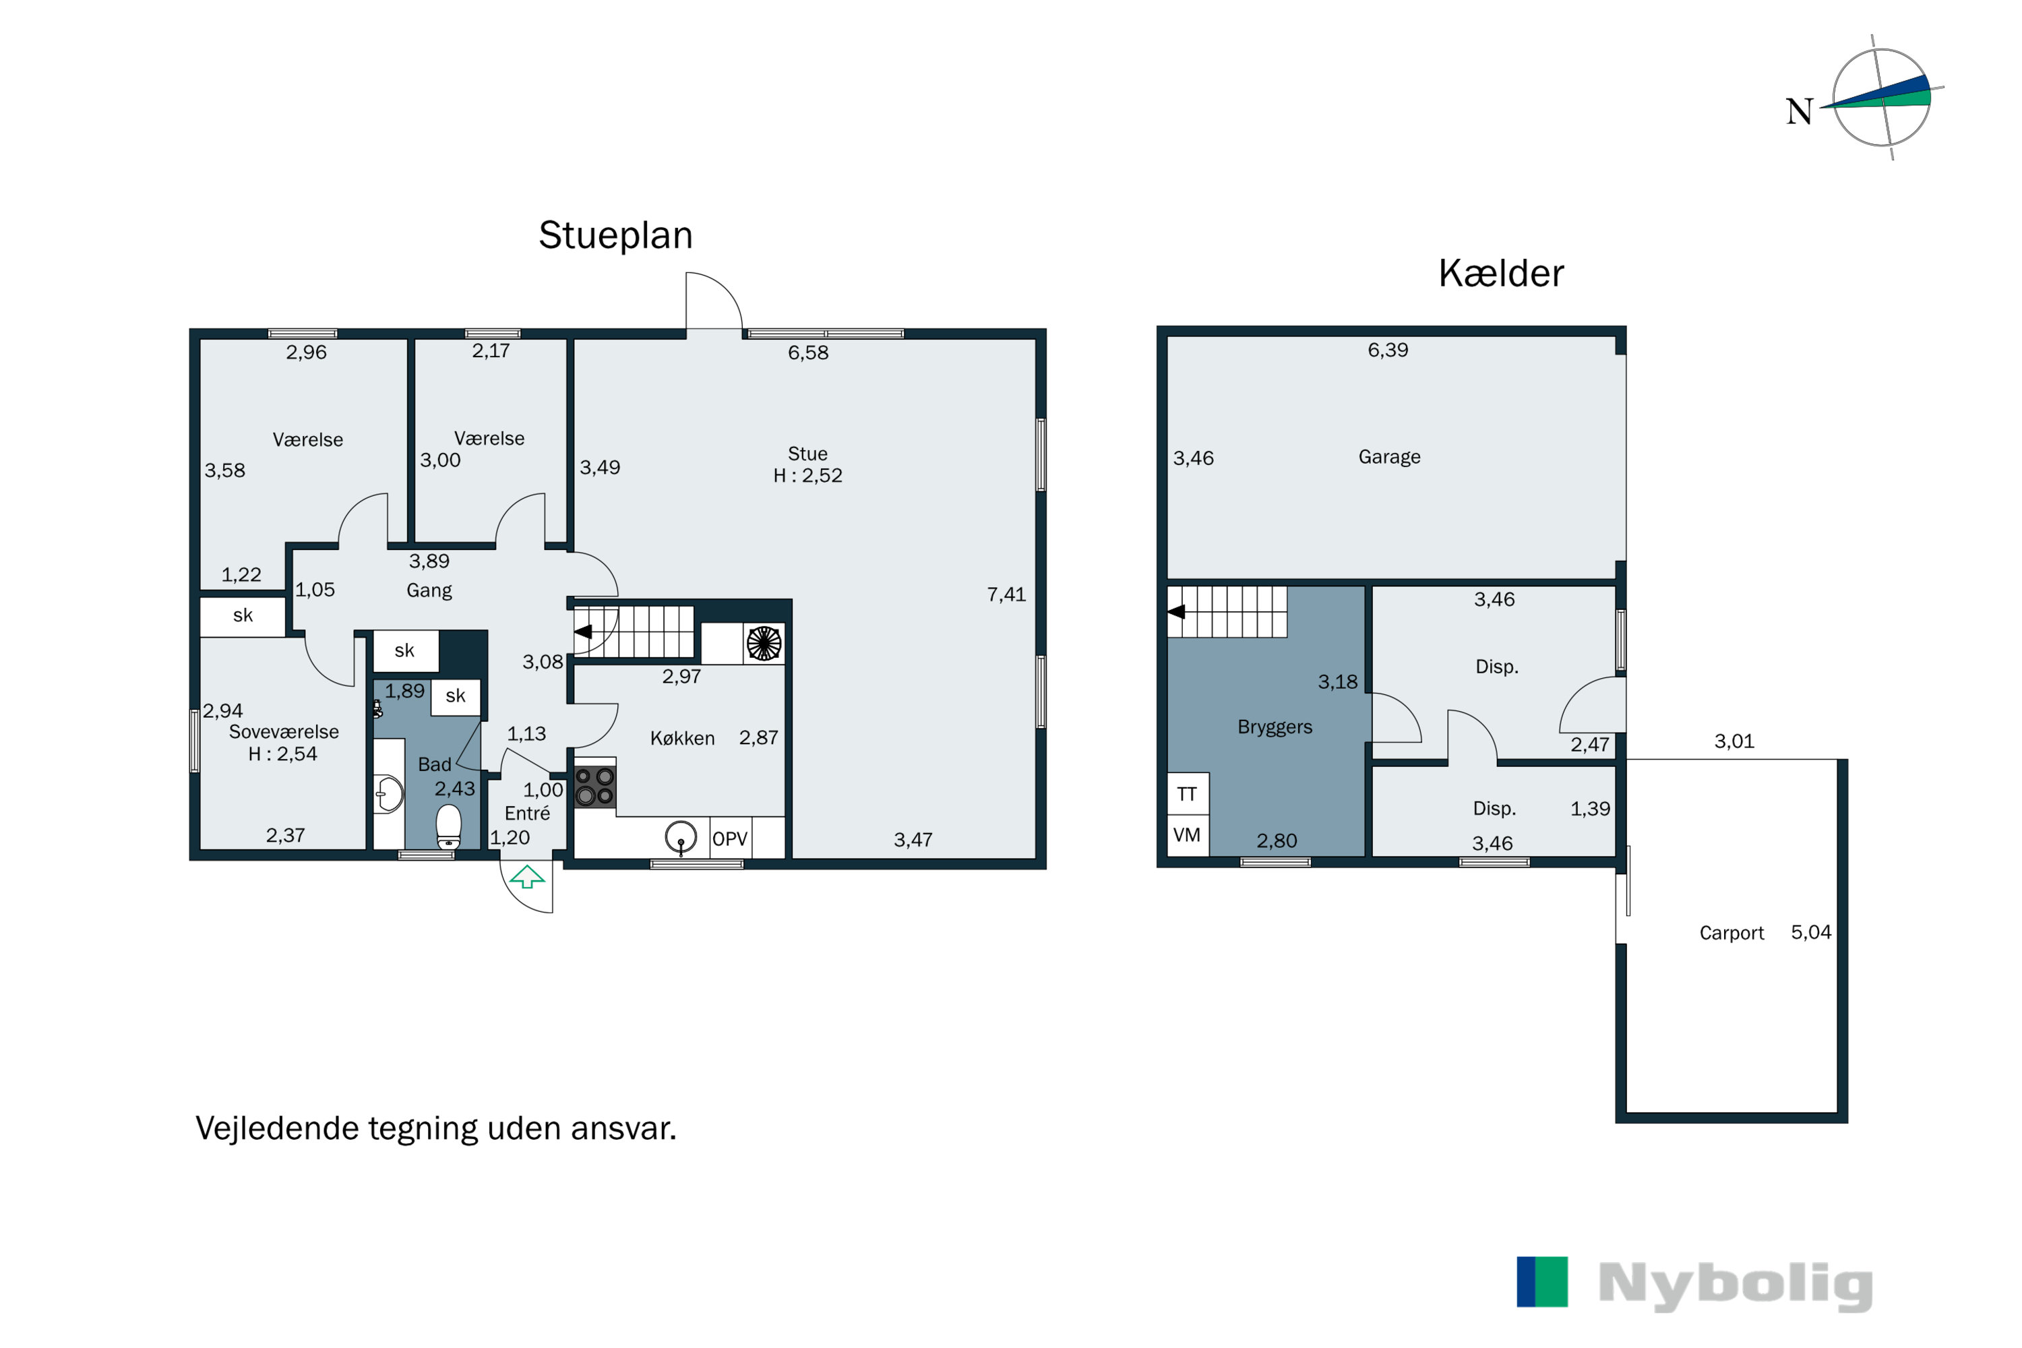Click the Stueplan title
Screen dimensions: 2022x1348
pos(615,235)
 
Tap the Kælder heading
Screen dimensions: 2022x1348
pos(1501,274)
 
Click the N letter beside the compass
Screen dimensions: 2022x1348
pos(1800,112)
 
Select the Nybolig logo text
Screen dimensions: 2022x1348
pos(1736,1285)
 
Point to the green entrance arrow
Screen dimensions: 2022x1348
pos(527,877)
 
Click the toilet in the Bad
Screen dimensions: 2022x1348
pos(449,827)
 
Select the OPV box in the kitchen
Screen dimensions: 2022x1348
pos(731,838)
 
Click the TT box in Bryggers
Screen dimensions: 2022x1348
pos(1187,793)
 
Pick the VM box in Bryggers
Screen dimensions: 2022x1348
pos(1187,835)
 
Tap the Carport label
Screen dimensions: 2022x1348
pos(1732,933)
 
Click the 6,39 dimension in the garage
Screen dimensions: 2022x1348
pos(1388,350)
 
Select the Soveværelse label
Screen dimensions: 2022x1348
pos(284,731)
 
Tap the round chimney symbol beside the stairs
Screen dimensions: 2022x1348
pos(764,643)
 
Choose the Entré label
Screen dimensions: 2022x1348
pos(527,814)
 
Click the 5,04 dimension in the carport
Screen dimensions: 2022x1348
pos(1812,933)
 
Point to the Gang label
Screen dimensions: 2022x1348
pos(429,590)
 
